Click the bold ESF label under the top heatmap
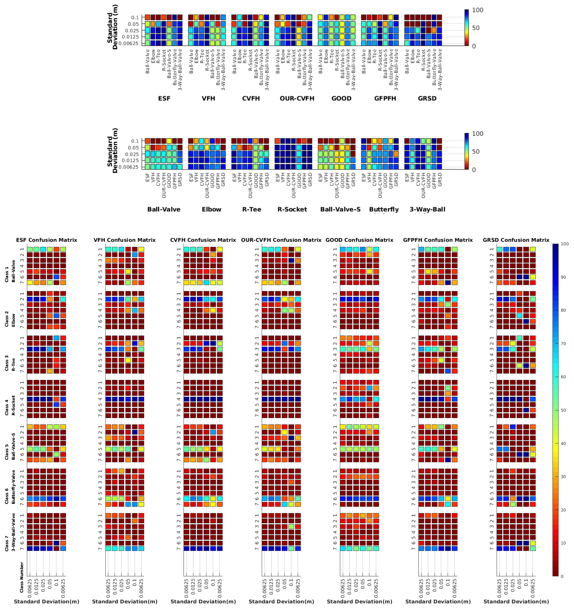point(164,99)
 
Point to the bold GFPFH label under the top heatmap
point(385,99)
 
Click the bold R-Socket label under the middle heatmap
point(292,209)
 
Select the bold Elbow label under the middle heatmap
point(212,209)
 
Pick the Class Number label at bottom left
point(22,577)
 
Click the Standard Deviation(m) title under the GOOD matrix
point(359,601)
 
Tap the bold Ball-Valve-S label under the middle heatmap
point(340,209)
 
